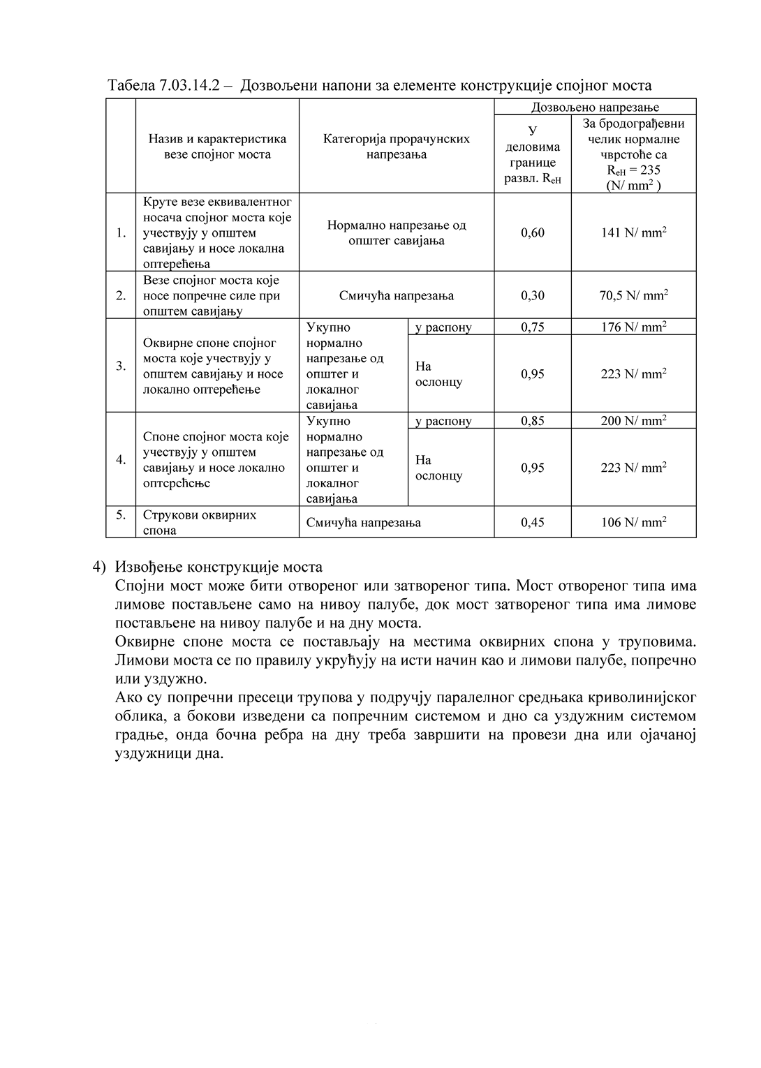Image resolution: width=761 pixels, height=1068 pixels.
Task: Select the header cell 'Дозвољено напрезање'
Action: [595, 107]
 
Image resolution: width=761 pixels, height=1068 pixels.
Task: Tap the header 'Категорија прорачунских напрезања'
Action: [397, 147]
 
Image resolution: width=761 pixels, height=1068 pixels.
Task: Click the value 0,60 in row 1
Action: [533, 232]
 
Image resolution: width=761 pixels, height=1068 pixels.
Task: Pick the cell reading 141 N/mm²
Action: [633, 232]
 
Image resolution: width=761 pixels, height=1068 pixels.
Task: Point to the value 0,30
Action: [533, 295]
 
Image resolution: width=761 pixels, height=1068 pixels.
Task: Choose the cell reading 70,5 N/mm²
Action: [633, 295]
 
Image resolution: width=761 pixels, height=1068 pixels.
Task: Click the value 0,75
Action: [533, 327]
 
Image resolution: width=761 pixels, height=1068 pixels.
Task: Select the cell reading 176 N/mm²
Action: [633, 327]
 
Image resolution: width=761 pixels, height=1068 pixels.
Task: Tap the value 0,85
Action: [533, 421]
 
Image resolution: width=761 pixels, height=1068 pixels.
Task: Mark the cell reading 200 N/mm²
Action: [633, 421]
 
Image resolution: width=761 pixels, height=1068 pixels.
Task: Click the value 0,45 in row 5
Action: [533, 522]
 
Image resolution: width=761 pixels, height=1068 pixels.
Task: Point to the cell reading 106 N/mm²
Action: [633, 522]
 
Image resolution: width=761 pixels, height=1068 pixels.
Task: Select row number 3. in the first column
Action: [121, 366]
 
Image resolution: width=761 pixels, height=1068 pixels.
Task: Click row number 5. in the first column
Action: [121, 515]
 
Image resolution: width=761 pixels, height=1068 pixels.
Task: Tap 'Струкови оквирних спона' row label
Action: [200, 522]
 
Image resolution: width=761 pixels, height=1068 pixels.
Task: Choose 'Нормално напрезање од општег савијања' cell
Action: [397, 233]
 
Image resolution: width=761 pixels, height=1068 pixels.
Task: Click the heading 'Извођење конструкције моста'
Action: [219, 566]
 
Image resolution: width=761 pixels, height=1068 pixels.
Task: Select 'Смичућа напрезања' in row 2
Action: [397, 295]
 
